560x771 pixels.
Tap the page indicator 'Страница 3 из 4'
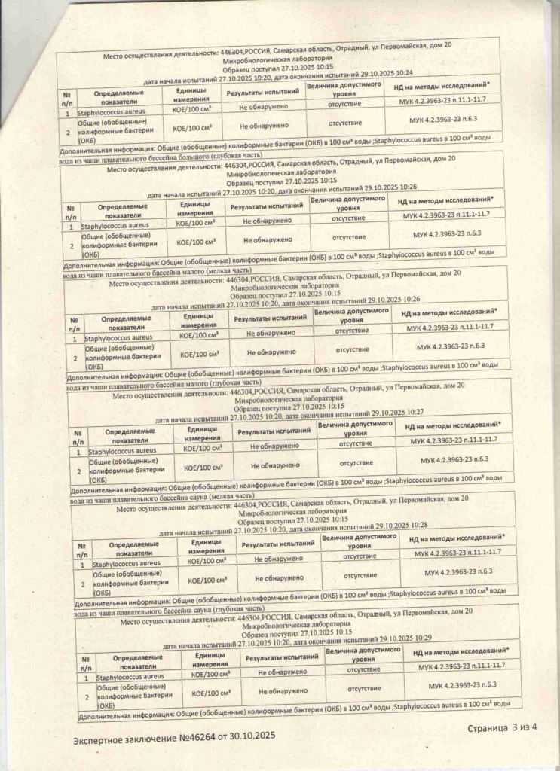coord(503,727)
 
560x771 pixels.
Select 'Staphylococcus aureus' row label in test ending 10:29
coord(133,677)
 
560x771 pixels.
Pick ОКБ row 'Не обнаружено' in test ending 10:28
coord(279,577)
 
